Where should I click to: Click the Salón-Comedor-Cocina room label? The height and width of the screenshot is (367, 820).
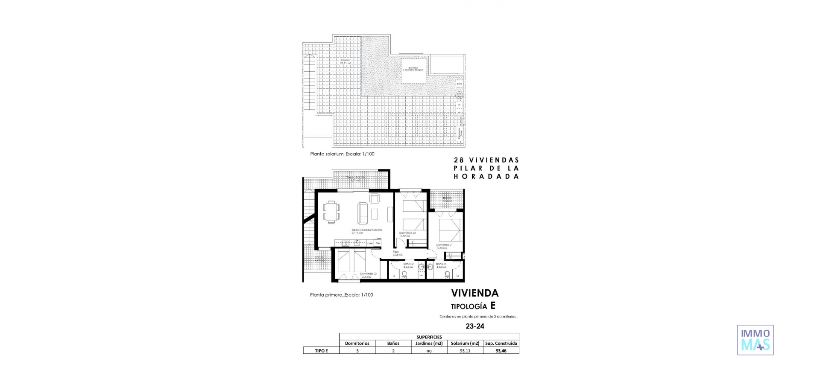point(366,230)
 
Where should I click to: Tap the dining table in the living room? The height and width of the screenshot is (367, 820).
point(331,212)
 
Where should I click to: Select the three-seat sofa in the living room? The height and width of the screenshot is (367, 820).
point(363,213)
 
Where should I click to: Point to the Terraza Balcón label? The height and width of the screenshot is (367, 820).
point(355,178)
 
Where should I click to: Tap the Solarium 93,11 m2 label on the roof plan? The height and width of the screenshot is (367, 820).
point(346,61)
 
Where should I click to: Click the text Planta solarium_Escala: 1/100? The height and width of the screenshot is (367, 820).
point(342,154)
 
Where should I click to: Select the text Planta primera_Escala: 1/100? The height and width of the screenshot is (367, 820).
point(341,295)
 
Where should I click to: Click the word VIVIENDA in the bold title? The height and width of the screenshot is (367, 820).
point(474,293)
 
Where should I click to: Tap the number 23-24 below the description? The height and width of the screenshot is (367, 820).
point(474,326)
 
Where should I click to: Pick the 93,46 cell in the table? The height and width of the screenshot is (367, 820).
point(501,351)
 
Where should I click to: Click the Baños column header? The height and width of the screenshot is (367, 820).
point(393,343)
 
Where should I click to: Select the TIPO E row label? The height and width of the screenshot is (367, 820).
point(321,351)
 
